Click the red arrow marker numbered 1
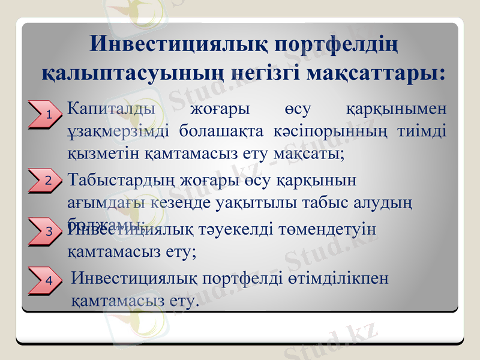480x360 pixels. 46,114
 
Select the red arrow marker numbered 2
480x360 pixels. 46,179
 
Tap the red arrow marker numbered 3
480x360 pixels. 46,231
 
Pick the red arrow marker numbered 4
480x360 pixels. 46,280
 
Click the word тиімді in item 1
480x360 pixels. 422,131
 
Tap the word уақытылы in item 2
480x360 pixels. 265,203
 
